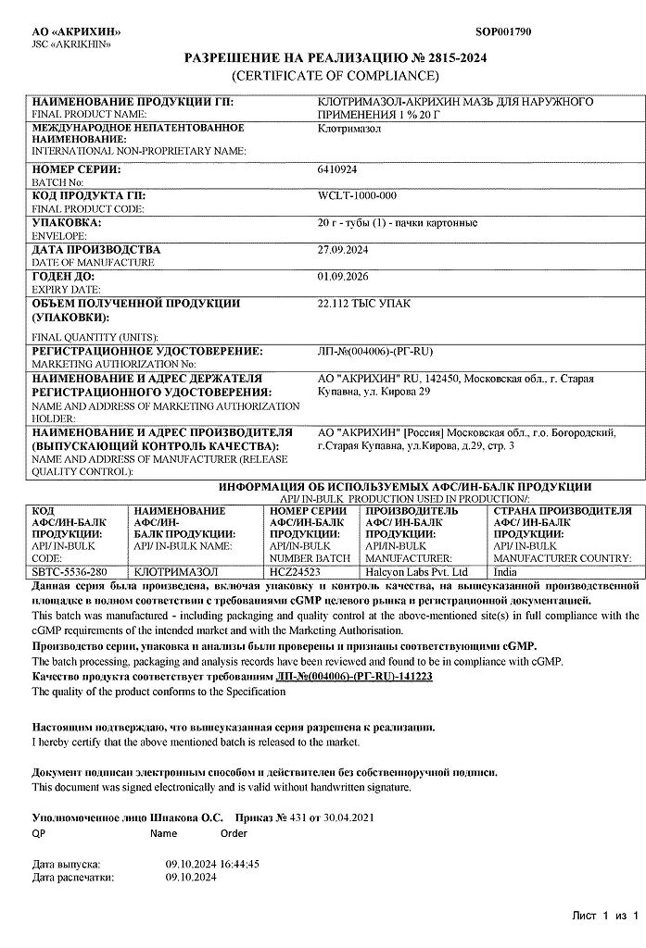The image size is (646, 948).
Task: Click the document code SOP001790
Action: click(x=503, y=31)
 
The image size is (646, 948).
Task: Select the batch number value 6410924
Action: click(x=337, y=170)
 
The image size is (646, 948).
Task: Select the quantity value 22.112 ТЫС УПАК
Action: click(x=364, y=303)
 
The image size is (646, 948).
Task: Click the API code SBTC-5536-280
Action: click(x=70, y=572)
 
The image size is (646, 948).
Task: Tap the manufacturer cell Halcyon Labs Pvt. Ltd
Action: click(x=417, y=572)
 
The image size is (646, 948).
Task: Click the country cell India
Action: click(x=506, y=572)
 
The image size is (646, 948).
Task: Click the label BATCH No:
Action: click(x=57, y=182)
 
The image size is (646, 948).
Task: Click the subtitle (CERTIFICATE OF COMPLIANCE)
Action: click(x=335, y=75)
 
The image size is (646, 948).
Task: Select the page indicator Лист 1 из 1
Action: click(x=606, y=916)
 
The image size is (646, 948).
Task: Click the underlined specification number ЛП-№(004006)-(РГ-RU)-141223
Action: click(x=354, y=677)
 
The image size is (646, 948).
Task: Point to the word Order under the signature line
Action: click(x=234, y=832)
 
